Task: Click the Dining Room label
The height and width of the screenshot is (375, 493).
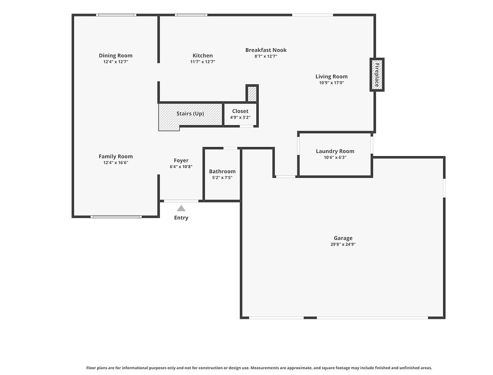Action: [116, 55]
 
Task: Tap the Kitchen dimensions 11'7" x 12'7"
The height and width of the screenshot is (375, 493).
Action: [202, 62]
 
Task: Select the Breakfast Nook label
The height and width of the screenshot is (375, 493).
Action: [266, 50]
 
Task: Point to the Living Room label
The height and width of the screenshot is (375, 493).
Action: [331, 76]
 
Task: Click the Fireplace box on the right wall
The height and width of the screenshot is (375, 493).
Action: [377, 74]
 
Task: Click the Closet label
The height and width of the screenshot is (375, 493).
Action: [240, 111]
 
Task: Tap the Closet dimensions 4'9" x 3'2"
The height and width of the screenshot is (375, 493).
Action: [240, 117]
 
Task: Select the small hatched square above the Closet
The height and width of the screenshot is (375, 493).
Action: [252, 93]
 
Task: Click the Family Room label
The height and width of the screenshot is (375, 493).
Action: [116, 156]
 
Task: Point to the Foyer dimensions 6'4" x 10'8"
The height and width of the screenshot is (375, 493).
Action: [181, 167]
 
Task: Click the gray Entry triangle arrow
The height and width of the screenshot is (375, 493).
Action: [181, 208]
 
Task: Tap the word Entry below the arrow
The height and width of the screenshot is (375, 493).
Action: [181, 218]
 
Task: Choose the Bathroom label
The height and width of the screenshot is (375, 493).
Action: [222, 171]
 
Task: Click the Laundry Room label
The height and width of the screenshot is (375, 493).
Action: [335, 151]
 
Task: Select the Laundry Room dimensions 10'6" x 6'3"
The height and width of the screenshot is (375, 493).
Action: [335, 157]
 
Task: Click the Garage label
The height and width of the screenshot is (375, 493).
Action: [343, 238]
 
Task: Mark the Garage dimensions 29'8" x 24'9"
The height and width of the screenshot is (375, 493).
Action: [343, 244]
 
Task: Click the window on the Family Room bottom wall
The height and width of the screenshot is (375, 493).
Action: [116, 216]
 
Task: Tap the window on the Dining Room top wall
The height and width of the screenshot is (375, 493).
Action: [116, 15]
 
